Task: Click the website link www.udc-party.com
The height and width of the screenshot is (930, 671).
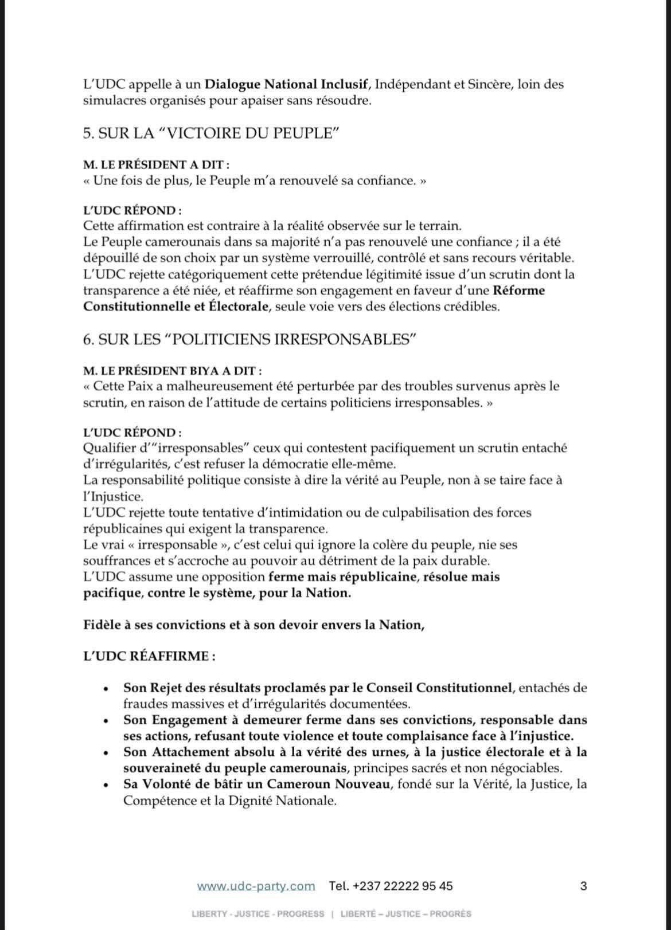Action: (x=256, y=886)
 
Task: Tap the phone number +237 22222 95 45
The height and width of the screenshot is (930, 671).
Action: (x=391, y=886)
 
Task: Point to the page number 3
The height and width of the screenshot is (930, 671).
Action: (x=583, y=886)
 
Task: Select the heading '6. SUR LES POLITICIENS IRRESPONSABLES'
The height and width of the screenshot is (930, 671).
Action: (x=249, y=339)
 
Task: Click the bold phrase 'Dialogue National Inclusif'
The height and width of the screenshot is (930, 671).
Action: (x=286, y=84)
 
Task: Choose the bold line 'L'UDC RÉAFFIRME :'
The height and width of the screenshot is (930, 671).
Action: (x=150, y=656)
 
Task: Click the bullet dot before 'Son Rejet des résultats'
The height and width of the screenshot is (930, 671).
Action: (x=105, y=689)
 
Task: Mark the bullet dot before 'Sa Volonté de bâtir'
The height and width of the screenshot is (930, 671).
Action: (x=105, y=785)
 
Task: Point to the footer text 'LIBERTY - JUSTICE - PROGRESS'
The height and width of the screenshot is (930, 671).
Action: (x=258, y=914)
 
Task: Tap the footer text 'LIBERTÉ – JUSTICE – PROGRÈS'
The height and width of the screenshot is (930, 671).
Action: (x=405, y=914)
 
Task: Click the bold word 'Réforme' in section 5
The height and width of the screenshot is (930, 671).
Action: (x=519, y=290)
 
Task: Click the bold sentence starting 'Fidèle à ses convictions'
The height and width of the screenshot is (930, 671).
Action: (x=253, y=625)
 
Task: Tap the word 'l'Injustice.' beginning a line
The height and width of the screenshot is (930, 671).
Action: (x=114, y=496)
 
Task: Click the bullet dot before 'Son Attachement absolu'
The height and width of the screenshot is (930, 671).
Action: (x=105, y=753)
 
